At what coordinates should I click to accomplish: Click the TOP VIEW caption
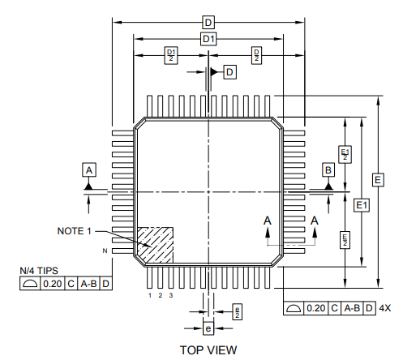tap(208, 349)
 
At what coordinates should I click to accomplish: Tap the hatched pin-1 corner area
tap(156, 244)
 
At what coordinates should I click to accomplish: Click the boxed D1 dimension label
tap(208, 39)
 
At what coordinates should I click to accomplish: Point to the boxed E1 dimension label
tap(362, 205)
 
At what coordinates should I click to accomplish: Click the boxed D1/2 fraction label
tap(170, 55)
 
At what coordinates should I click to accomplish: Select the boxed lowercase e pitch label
tap(208, 328)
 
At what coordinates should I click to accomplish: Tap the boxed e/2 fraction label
tap(236, 312)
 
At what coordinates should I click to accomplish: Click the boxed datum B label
tap(328, 169)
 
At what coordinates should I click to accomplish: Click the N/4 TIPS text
tap(39, 271)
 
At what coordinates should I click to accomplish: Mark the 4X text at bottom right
tap(385, 308)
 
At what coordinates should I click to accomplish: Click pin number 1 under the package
tap(150, 295)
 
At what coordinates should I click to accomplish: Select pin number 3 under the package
tap(171, 295)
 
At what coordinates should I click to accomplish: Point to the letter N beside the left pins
tap(105, 252)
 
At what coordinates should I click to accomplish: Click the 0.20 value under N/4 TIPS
tap(53, 284)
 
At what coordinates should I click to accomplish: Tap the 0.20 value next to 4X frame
tap(316, 308)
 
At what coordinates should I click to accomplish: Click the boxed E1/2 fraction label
tap(345, 154)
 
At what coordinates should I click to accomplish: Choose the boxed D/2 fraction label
tap(256, 55)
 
